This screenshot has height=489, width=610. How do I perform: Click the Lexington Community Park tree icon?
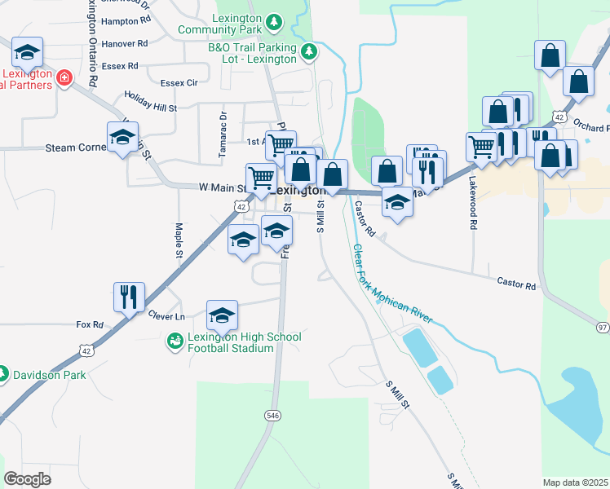pos(276,21)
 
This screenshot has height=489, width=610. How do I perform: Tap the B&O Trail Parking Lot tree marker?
pos(308,53)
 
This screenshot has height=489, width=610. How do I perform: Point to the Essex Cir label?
pos(179,83)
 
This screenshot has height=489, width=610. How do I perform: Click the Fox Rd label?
pos(90,324)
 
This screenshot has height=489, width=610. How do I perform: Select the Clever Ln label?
pos(166,315)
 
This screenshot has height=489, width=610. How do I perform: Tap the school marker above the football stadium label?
pos(222,315)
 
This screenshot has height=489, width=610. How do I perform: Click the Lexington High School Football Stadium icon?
pos(175,342)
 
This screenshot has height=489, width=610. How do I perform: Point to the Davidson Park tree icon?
pos(4,376)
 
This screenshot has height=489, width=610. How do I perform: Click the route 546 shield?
pos(272,416)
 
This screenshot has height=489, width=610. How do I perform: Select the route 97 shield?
pos(603,327)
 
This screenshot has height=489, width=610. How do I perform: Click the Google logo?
pos(28,478)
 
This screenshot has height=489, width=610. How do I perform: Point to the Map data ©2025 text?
pos(576,482)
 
